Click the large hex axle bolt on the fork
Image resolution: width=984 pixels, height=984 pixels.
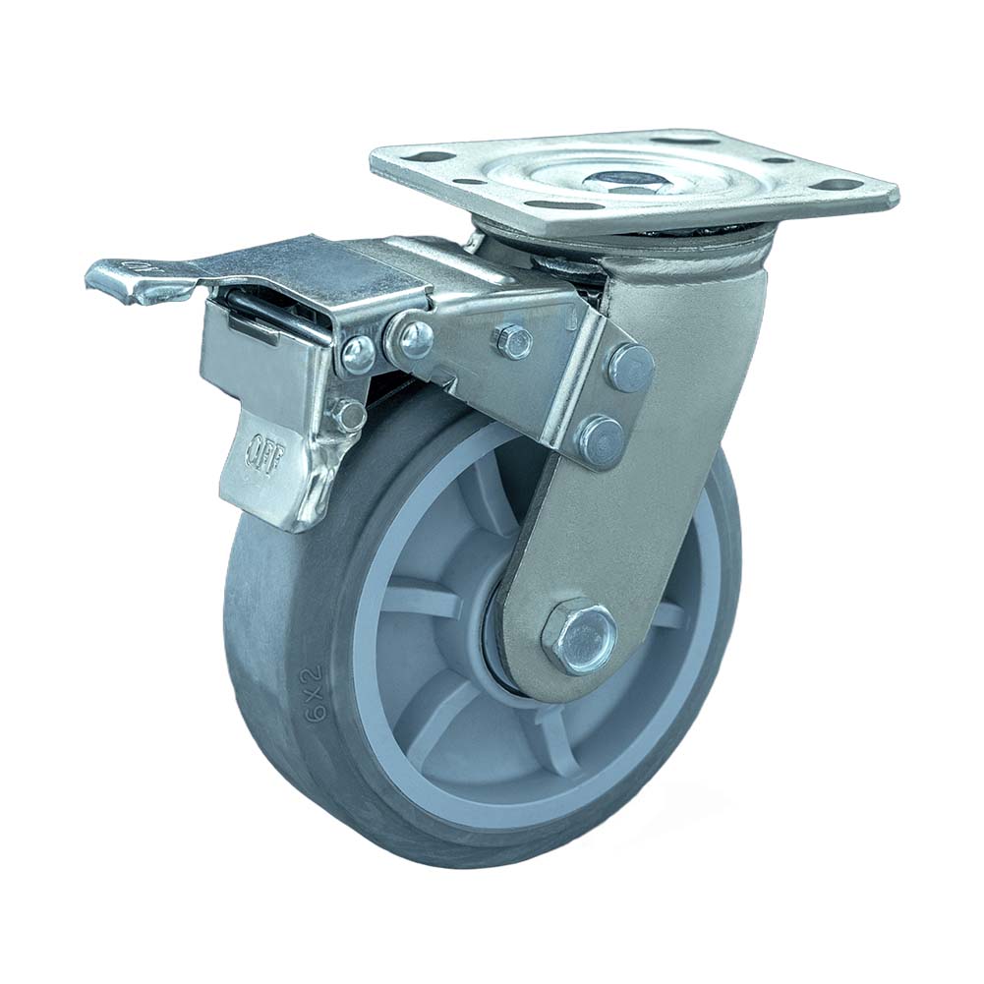click(579, 636)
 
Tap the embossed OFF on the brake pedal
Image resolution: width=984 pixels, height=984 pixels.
click(260, 453)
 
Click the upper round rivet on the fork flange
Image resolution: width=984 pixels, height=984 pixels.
click(630, 368)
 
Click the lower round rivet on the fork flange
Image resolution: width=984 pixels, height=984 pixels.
click(600, 437)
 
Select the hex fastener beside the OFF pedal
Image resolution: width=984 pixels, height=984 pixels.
click(348, 415)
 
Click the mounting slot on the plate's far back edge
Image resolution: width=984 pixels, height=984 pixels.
click(699, 141)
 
